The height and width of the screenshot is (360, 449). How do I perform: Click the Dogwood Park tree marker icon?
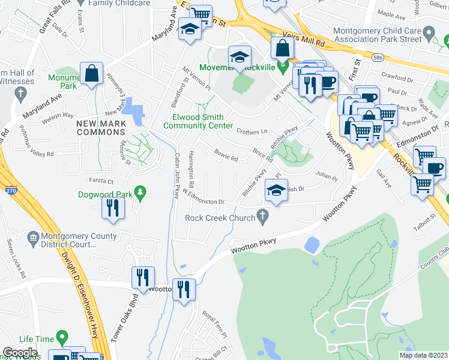coord(140,192)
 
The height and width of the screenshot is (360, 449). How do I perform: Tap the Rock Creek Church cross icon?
coord(262,215)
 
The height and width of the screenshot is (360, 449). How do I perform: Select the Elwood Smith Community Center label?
coord(197,121)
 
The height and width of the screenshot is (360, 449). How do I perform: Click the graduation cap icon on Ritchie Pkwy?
coord(276,190)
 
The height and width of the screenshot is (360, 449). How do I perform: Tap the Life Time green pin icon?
coord(61,338)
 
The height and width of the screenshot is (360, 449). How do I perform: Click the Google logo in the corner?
coord(20,353)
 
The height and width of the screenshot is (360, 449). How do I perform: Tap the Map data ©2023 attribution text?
coord(423,355)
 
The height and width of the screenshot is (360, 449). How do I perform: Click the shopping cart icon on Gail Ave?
coord(422,184)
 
